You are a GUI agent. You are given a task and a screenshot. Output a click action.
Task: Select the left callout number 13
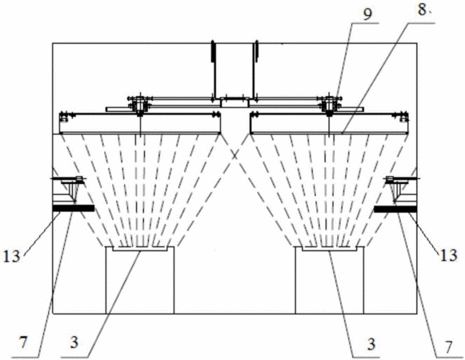[11, 256]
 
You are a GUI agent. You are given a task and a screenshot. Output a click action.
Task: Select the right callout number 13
[448, 255]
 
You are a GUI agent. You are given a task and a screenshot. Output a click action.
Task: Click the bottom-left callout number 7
[23, 343]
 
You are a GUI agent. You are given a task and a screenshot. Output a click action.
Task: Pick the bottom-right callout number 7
[448, 346]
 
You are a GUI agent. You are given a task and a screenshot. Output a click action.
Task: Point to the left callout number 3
[74, 342]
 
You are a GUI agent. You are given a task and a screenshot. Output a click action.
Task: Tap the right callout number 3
[371, 344]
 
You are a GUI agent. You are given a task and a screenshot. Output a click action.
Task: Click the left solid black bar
[74, 208]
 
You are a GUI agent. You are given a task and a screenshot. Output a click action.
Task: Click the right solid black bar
[395, 209]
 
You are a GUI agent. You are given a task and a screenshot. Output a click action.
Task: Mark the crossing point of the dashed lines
[235, 155]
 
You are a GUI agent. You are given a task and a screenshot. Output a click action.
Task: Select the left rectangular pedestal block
[140, 280]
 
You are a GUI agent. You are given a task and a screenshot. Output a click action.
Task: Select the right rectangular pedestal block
[330, 280]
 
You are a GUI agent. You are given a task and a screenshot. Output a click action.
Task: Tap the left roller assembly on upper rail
[139, 104]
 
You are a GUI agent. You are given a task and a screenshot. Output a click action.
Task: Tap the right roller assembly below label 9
[329, 104]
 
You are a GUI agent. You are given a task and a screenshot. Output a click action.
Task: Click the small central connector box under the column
[235, 102]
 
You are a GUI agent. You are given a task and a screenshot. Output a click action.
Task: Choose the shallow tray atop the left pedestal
[140, 249]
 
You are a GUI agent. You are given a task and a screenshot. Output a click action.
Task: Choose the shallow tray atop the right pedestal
[330, 249]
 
